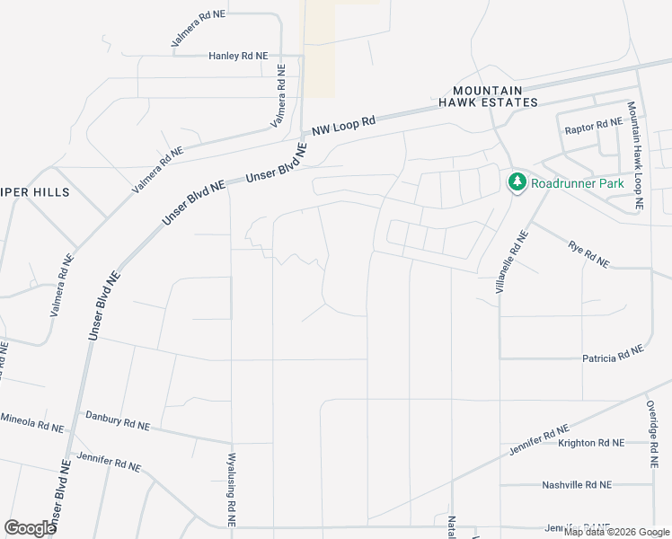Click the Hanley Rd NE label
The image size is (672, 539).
[x=238, y=56]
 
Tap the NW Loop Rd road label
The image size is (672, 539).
[x=343, y=125]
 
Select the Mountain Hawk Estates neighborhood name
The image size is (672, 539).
[x=494, y=96]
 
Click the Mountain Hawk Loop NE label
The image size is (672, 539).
[x=634, y=155]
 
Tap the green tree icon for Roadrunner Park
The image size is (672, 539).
[x=517, y=182]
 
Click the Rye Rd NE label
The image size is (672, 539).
[x=588, y=254]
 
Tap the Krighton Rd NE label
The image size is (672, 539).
[x=590, y=443]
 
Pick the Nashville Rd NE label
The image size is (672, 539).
[x=576, y=484]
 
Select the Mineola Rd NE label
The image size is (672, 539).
[x=31, y=420]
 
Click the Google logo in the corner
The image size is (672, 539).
[x=30, y=527]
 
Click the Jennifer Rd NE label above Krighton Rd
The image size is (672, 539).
[x=538, y=440]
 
